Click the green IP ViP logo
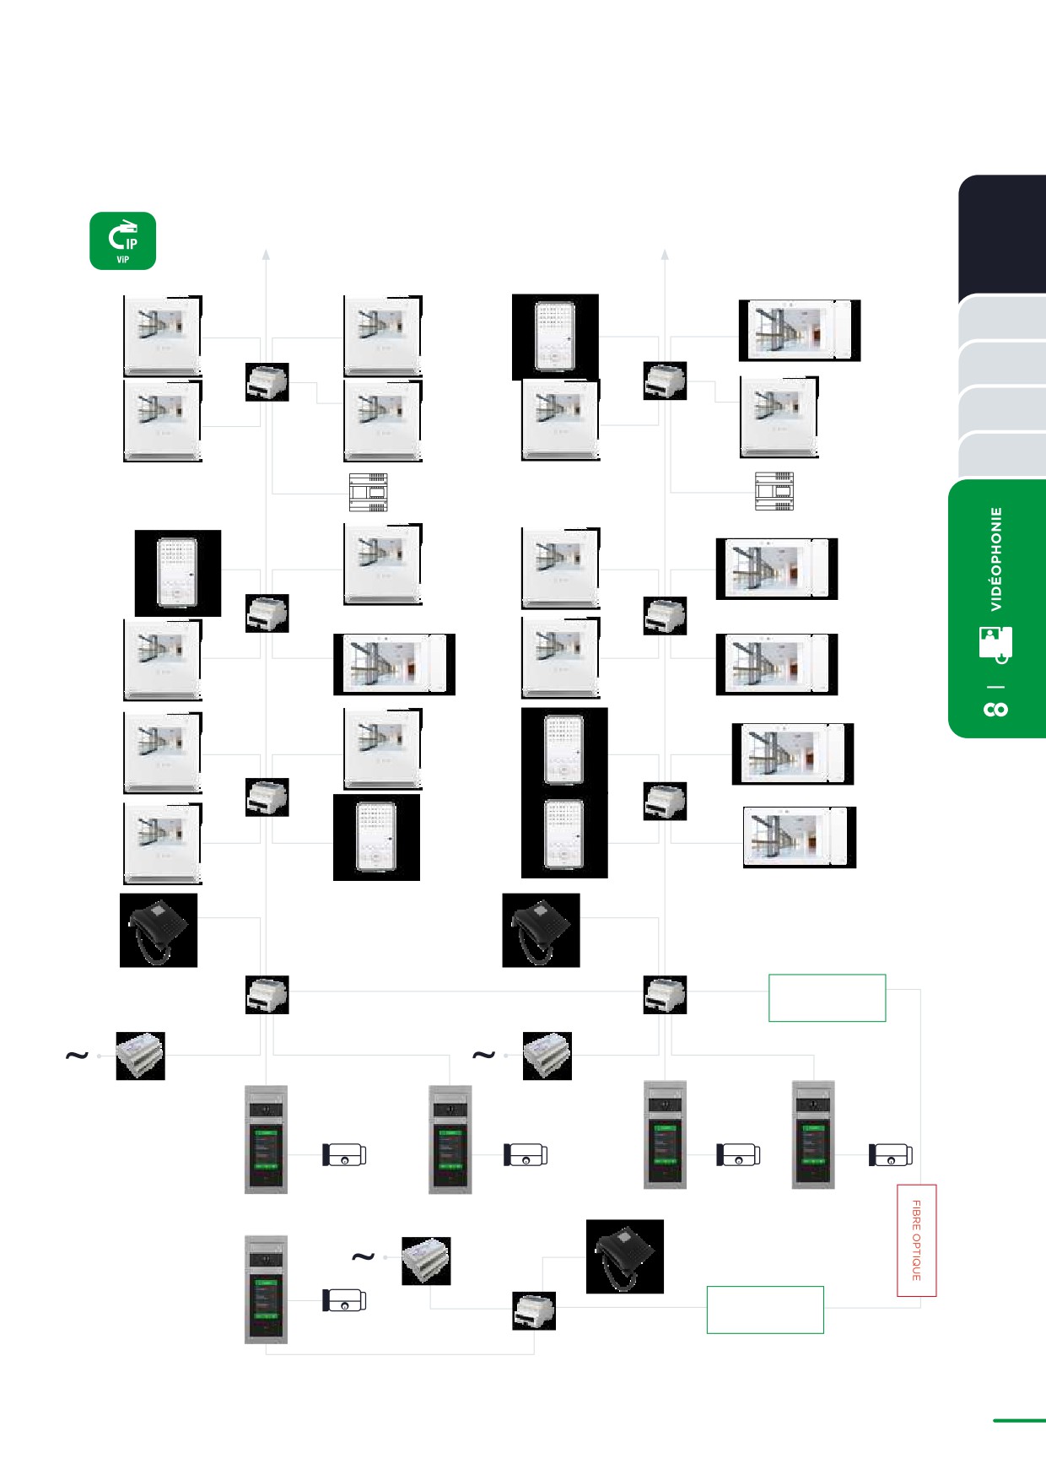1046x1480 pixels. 123,240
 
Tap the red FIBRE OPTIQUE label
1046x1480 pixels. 917,1240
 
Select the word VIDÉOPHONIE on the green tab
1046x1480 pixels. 996,559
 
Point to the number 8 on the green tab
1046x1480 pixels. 996,709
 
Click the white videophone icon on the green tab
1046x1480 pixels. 995,645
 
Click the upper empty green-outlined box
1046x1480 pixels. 827,998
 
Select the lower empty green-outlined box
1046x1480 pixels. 764,1310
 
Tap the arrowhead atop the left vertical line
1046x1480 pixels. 266,253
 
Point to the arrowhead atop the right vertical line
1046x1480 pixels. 665,253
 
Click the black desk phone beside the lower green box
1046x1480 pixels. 624,1256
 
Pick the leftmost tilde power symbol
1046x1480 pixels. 77,1056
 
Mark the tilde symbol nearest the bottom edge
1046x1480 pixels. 363,1257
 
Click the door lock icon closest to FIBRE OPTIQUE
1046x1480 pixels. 891,1155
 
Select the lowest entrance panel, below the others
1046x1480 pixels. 266,1289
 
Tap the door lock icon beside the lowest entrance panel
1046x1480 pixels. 344,1300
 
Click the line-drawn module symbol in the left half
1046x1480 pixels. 369,492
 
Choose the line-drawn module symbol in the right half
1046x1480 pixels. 774,491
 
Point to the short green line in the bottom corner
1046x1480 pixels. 1019,1420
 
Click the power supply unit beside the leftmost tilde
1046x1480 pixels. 140,1056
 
